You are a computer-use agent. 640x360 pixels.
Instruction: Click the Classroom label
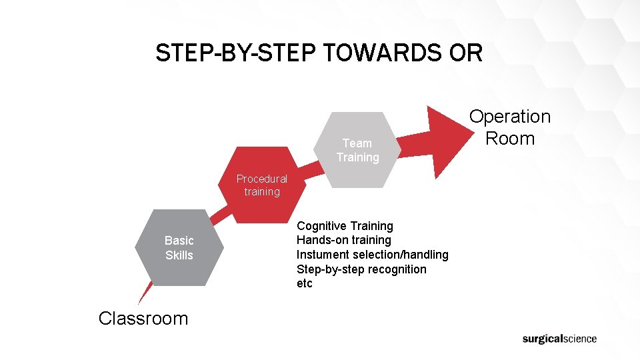point(143,318)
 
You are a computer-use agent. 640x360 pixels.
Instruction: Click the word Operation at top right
point(510,117)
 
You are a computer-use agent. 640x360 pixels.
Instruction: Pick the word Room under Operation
point(510,139)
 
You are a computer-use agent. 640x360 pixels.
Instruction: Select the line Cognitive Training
point(345,226)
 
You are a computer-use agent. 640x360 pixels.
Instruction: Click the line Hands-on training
point(343,240)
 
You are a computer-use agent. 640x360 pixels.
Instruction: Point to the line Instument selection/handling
point(372,255)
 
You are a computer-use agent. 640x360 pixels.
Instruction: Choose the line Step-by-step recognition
point(361,269)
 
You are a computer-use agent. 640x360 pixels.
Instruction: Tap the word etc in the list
point(304,283)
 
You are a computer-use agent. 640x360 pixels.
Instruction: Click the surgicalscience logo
point(559,339)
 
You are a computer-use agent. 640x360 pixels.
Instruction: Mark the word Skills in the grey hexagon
point(179,255)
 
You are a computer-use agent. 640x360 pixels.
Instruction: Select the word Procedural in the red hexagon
point(262,179)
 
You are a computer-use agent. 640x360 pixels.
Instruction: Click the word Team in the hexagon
point(357,143)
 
